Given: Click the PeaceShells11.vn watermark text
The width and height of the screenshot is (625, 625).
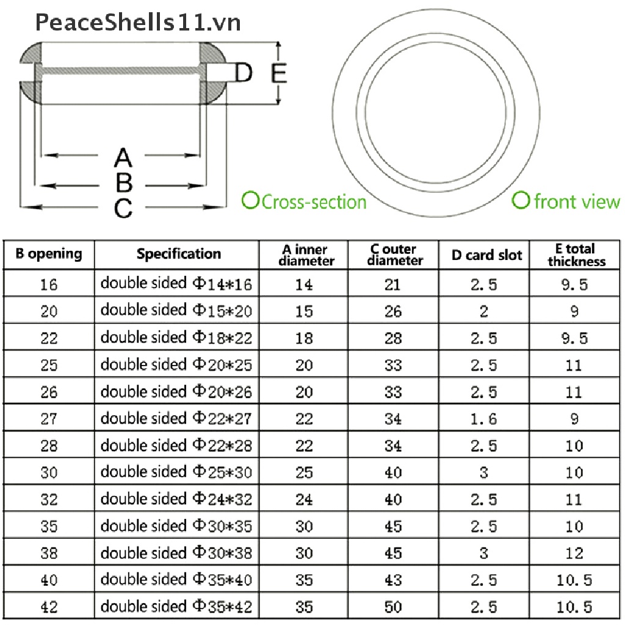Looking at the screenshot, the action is coord(138,23).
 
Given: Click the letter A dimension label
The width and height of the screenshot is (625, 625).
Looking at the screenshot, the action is coord(123,157).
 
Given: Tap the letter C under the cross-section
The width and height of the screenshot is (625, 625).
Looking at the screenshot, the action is coord(123,208).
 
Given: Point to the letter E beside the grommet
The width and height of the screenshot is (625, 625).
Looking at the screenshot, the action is coord(278,73).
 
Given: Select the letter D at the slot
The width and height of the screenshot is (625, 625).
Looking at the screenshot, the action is coord(244,73).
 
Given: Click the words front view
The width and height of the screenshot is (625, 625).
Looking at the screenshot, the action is coord(576,201).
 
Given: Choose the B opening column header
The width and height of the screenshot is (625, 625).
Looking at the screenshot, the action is coord(49,254).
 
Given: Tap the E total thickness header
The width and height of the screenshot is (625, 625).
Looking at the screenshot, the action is coord(576,255).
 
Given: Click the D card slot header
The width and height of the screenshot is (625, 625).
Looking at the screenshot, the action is coord(487,255).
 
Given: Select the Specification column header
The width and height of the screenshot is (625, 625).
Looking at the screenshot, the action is coord(178,254).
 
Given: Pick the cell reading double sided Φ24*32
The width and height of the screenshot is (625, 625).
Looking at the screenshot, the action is coord(176,499).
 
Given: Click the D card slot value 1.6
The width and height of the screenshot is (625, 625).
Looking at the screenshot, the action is coord(484,419).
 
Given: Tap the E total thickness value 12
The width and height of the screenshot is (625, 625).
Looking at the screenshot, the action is coord(574,553).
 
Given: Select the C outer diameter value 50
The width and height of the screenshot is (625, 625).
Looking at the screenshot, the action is coord(393,607).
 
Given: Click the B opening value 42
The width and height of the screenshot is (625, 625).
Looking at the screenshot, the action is coord(49,607).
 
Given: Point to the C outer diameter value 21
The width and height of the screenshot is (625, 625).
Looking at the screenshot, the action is coord(393,284).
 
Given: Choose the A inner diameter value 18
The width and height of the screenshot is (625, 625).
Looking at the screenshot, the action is coord(304,338).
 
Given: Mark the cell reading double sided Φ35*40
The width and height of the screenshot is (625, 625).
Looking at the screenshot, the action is coord(176,580).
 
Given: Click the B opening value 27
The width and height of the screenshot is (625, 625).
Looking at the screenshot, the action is coord(49,419).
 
